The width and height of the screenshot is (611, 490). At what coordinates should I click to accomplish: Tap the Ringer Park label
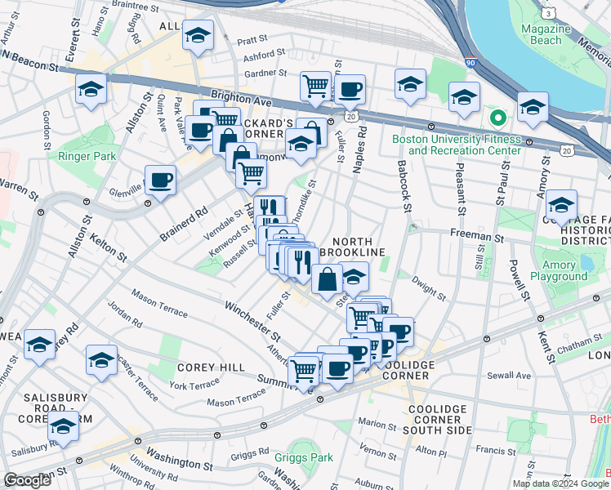tap(87, 156)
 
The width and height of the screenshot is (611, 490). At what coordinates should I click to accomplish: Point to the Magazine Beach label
tap(545, 34)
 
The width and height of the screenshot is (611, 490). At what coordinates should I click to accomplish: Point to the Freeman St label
tap(475, 236)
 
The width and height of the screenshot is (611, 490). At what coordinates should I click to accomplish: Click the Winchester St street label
tap(254, 322)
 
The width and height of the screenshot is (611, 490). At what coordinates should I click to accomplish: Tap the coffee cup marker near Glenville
tap(160, 180)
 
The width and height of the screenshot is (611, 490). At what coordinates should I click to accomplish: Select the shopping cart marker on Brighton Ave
tap(315, 86)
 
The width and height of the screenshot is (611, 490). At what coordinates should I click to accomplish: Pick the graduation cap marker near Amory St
tap(561, 205)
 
